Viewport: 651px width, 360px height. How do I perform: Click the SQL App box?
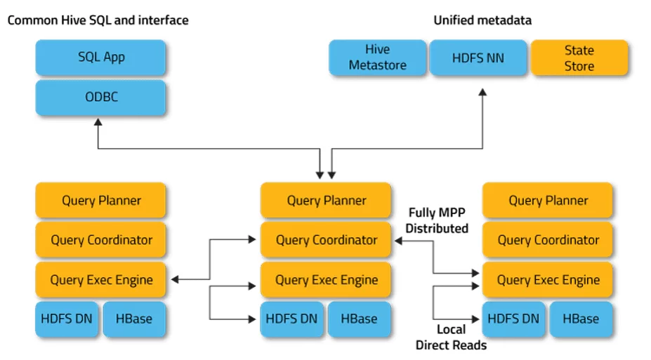(x=100, y=58)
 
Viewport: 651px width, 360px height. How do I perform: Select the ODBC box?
(x=100, y=97)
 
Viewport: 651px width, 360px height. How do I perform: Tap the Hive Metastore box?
(x=377, y=58)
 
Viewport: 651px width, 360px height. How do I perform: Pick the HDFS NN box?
(x=478, y=58)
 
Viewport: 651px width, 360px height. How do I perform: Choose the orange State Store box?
(x=579, y=58)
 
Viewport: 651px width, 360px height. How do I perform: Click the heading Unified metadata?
(x=482, y=20)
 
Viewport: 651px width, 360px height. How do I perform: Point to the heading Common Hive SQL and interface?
(x=98, y=20)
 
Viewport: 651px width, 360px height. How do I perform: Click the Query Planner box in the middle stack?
(x=326, y=200)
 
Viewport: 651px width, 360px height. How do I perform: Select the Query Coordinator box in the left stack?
(x=100, y=240)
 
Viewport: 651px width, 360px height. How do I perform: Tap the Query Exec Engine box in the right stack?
(x=548, y=279)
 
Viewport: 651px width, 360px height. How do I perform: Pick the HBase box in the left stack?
(x=134, y=319)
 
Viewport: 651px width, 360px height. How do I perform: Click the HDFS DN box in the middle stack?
(x=292, y=319)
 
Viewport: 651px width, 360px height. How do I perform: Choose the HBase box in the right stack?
(x=581, y=319)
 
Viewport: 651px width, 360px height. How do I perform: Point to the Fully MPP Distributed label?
(x=437, y=220)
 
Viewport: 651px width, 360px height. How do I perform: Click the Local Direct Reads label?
(x=452, y=337)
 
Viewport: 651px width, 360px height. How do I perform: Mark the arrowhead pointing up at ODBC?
(x=98, y=122)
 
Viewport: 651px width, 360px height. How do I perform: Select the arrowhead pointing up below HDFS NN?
(x=482, y=92)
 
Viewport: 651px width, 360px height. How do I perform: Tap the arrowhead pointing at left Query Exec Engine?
(x=175, y=279)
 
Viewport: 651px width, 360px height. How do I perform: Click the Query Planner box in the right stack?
(x=548, y=200)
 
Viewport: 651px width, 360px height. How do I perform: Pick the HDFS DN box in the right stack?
(x=514, y=319)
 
